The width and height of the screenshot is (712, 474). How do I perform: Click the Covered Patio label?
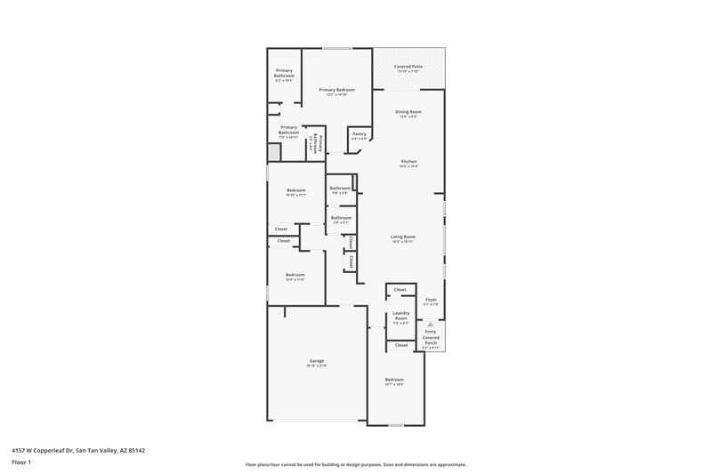coord(409,66)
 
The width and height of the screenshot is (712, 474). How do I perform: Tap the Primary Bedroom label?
coord(337,90)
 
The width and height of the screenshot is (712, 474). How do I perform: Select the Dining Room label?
coord(409,112)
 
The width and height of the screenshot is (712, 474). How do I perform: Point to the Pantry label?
coord(359,133)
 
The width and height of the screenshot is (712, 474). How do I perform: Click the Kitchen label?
coord(409,161)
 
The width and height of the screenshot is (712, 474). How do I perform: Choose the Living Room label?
coord(403,237)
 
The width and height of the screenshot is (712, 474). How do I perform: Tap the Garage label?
coord(317,361)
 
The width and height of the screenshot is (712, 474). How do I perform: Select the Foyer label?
coord(431,301)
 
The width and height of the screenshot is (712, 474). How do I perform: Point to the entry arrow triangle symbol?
coord(431,325)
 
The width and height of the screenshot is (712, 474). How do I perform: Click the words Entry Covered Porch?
coord(431,338)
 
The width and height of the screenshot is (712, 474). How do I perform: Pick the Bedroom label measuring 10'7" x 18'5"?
coord(394,380)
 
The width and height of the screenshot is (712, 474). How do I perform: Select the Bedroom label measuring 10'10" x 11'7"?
coord(296,189)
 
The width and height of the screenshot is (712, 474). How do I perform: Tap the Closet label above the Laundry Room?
coord(400,290)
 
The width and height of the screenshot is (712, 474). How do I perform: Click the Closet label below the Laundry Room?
coord(401,345)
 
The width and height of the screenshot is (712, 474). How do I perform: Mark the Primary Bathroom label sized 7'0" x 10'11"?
coord(288,133)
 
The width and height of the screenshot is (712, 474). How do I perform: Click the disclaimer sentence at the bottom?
coord(355,464)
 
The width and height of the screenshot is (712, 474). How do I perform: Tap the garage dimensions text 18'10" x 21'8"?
coord(317,366)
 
